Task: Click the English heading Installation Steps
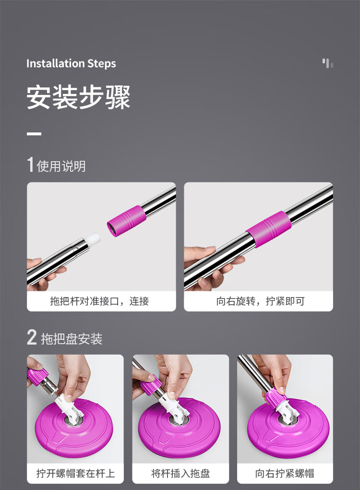point(71,63)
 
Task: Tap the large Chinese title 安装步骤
point(78,97)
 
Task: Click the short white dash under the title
point(34,134)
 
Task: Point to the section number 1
point(30,165)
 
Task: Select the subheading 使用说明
point(61,166)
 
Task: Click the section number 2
point(32,337)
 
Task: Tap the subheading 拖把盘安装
point(72,339)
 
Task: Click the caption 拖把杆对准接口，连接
point(99,301)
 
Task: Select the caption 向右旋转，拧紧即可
point(260,301)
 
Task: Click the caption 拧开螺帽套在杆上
point(76,473)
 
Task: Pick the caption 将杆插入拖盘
point(180,473)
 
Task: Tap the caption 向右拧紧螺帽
point(284,473)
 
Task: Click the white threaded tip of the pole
point(94,239)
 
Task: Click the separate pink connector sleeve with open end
point(127,221)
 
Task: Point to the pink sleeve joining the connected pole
point(269,229)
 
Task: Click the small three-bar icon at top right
point(327,63)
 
